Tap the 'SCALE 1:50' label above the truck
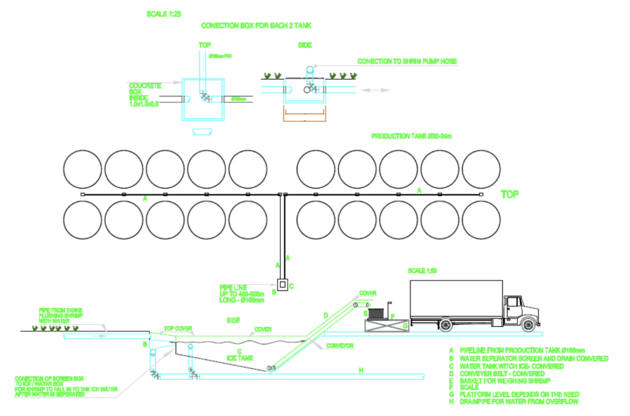click(425, 271)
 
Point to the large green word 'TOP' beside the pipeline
click(510, 194)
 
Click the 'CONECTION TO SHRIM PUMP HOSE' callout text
click(407, 61)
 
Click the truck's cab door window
click(514, 302)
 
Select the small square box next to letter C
click(282, 285)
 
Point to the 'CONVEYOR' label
click(340, 346)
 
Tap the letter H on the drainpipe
click(361, 370)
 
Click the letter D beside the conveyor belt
click(325, 315)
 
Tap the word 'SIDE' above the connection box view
click(305, 45)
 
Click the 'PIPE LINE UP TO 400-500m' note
click(241, 293)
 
